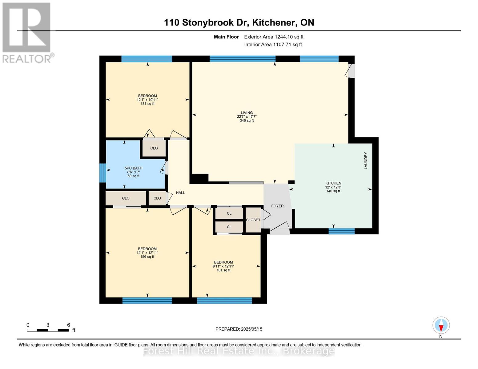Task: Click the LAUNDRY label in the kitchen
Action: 366,161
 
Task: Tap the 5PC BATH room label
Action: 133,168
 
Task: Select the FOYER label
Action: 277,206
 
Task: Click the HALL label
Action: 180,193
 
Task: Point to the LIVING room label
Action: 247,113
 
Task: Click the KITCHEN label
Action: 333,183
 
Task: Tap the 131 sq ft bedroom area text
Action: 147,104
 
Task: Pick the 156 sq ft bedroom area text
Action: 147,257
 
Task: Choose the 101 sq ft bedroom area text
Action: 223,270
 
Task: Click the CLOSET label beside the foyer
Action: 253,220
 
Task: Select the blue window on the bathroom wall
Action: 103,173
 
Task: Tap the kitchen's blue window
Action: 341,231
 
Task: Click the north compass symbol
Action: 441,325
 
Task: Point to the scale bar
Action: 48,330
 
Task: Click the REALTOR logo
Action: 27,33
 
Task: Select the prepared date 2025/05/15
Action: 239,329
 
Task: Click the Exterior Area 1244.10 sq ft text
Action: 274,37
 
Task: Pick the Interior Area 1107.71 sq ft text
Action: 273,45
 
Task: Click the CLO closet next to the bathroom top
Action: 154,148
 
